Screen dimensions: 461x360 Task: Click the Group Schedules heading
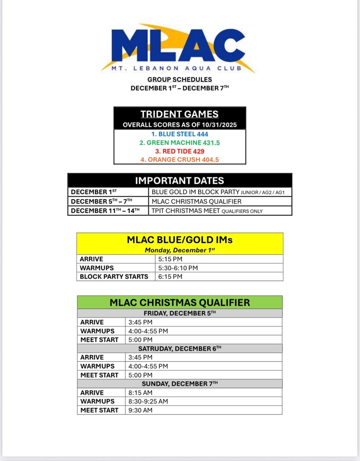tap(180, 80)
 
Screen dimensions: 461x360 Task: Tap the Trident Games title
tap(179, 114)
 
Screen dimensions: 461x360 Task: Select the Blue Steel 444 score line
tap(179, 134)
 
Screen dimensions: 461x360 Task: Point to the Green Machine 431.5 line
tap(179, 143)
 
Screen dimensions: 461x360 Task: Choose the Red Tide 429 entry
tap(179, 151)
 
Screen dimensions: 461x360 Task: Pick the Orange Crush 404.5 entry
tap(179, 159)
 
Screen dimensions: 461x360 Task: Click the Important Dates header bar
tap(179, 181)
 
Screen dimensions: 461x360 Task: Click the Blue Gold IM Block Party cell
tap(220, 192)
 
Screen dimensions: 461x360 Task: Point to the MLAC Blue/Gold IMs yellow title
tap(180, 240)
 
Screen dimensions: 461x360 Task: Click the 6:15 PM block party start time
tap(170, 277)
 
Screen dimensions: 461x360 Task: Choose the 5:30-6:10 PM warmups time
tap(178, 268)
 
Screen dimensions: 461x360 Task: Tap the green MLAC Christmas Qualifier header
tap(179, 302)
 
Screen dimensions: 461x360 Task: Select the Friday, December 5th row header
tap(179, 313)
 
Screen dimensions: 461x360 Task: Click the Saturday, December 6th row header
tap(179, 348)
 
